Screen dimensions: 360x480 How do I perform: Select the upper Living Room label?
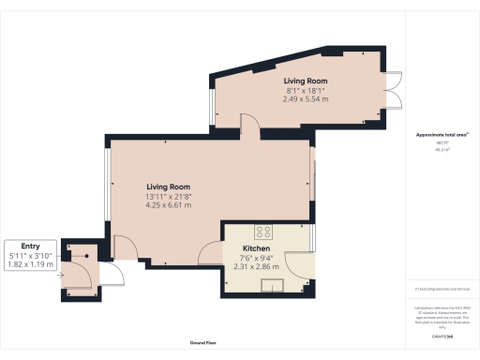pyautogui.click(x=306, y=82)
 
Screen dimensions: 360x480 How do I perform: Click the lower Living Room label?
pyautogui.click(x=168, y=187)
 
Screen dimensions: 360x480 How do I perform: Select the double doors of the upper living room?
pyautogui.click(x=393, y=90)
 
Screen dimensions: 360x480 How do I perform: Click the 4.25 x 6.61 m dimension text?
pyautogui.click(x=168, y=205)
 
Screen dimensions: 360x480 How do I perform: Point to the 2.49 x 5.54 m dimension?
pyautogui.click(x=306, y=98)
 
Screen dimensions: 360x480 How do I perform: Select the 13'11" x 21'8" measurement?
pyautogui.click(x=168, y=196)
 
